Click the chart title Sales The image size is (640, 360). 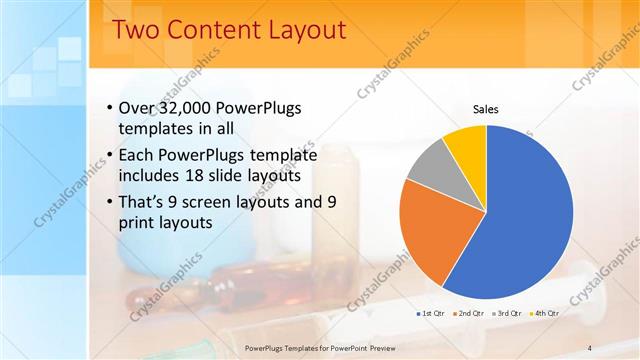click(485, 109)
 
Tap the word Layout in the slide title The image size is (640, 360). click(303, 30)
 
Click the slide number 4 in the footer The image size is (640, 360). click(589, 347)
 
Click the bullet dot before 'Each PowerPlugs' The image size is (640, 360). click(108, 156)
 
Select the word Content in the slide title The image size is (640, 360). click(211, 30)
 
